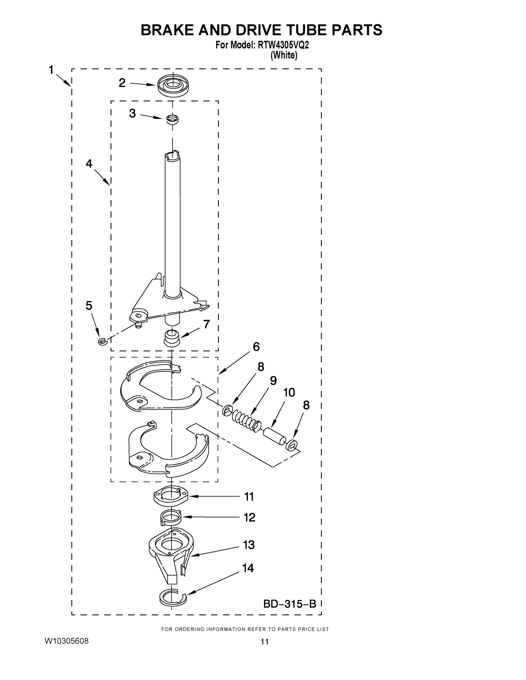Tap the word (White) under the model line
coord(284,56)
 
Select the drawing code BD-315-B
coord(290,604)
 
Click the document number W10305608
coord(67,641)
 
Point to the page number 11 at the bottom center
coord(264,642)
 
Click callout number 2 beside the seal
coord(122,83)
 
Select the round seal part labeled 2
coord(173,85)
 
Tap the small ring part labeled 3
coord(172,119)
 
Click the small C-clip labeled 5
coord(102,342)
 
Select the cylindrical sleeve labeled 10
coord(274,435)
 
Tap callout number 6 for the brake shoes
coord(256,347)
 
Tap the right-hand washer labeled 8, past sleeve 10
coord(291,446)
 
